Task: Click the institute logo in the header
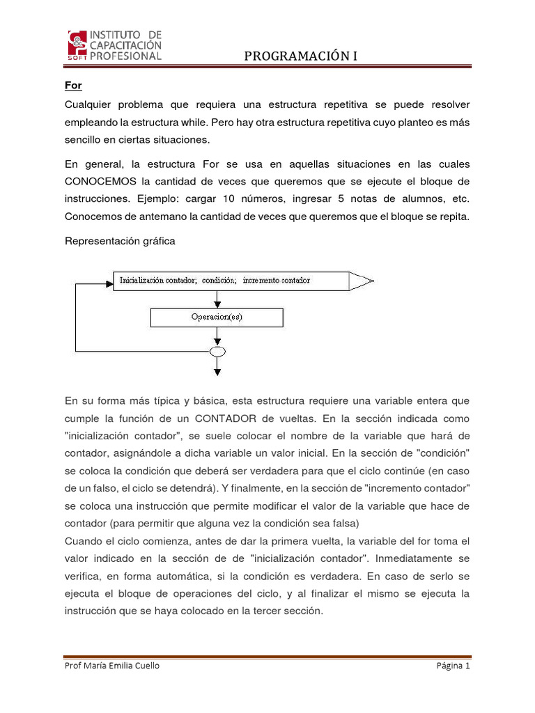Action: [115, 45]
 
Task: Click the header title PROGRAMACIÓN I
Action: [300, 56]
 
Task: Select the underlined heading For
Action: [73, 86]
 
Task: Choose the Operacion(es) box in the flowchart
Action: [217, 318]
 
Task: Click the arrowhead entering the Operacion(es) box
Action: [217, 304]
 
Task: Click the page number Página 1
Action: [453, 666]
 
